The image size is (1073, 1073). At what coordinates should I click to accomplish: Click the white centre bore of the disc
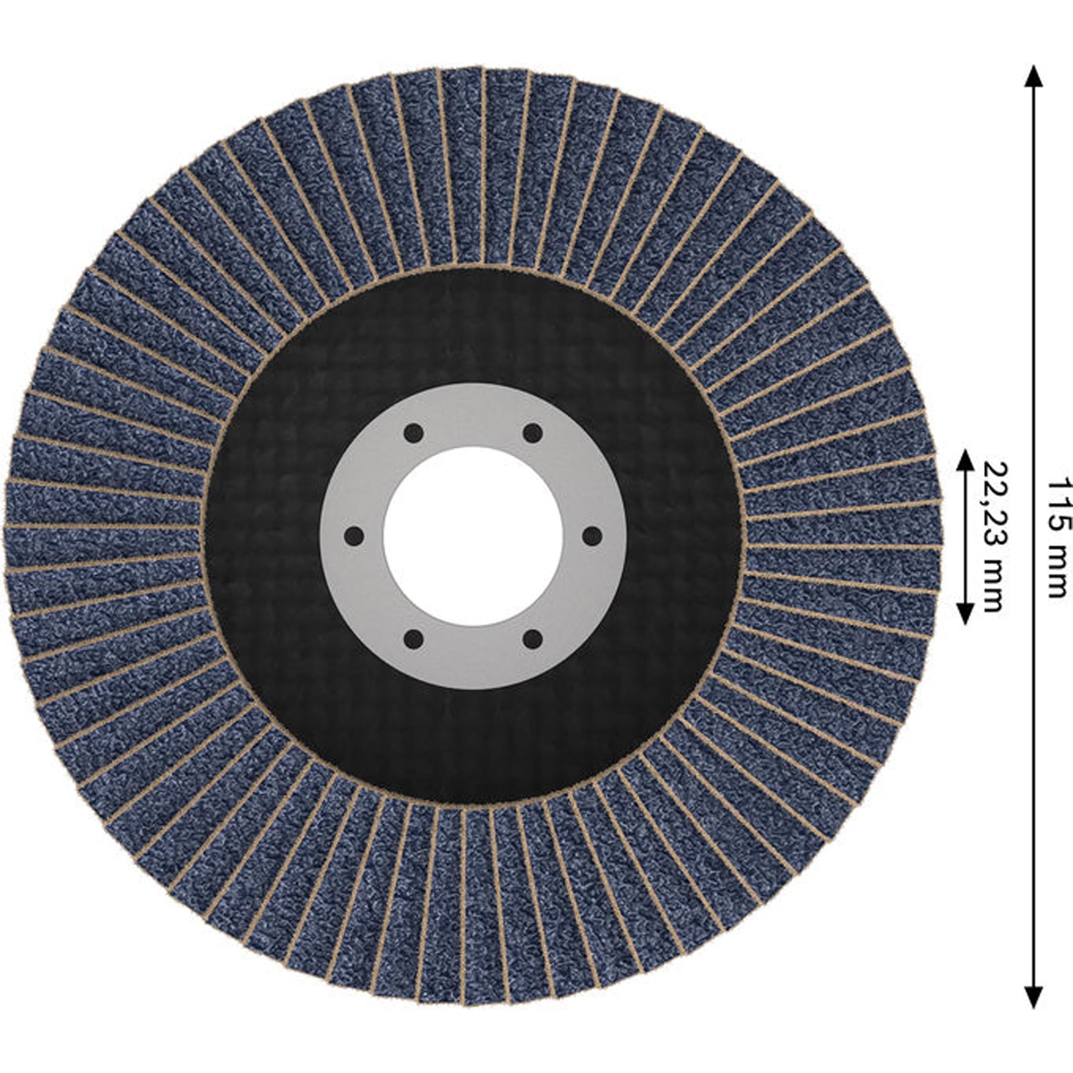[x=473, y=536]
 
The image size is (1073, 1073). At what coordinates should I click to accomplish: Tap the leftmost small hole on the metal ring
[x=353, y=536]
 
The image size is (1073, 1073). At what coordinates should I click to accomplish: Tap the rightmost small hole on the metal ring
[x=592, y=536]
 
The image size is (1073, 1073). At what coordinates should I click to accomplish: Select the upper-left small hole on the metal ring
[x=414, y=433]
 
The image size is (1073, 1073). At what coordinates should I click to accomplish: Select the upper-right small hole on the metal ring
[x=532, y=433]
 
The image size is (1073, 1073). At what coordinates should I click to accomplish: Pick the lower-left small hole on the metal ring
[x=414, y=639]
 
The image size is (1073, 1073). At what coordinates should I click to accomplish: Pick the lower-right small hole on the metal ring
[x=532, y=639]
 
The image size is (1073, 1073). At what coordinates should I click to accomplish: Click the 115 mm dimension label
[x=1058, y=536]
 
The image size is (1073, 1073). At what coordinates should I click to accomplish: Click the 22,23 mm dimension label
[x=993, y=536]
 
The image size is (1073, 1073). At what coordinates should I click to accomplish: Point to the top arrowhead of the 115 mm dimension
[x=1034, y=76]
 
